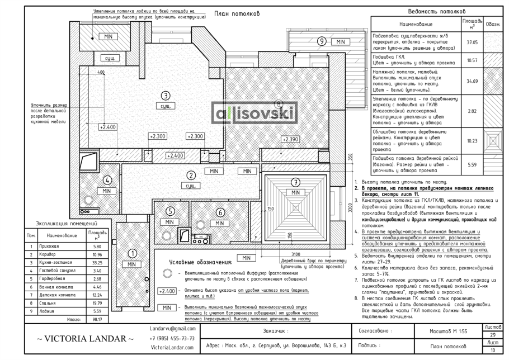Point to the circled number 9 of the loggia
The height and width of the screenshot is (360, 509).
point(322,41)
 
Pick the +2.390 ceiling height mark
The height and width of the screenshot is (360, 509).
point(291,139)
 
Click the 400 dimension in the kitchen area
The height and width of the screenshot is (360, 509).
point(101,73)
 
